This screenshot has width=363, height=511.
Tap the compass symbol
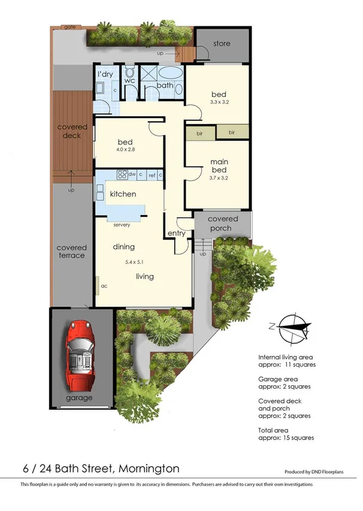click(290, 326)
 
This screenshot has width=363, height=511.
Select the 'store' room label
click(222, 44)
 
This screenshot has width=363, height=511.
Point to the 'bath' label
click(165, 86)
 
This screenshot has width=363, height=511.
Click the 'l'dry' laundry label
click(105, 74)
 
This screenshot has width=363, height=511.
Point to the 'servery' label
click(122, 225)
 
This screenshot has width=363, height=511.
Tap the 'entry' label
click(176, 234)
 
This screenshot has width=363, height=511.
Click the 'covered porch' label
click(223, 223)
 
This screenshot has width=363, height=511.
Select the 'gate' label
click(69, 27)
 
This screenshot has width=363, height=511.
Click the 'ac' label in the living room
click(104, 286)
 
